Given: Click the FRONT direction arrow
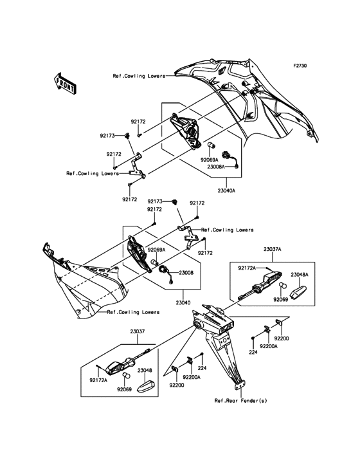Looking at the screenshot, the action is click(x=65, y=83).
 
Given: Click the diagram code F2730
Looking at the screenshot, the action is click(x=300, y=66).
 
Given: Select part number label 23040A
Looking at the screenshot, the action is click(x=225, y=190).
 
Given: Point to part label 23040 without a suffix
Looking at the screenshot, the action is click(x=183, y=303).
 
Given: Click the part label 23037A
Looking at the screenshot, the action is click(x=272, y=249).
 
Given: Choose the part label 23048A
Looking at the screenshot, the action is click(x=300, y=275).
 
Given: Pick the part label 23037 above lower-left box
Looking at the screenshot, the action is click(x=138, y=331).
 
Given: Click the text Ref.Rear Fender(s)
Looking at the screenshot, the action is click(x=240, y=400).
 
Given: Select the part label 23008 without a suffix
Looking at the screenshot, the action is click(x=186, y=273).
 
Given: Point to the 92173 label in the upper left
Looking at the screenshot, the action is click(x=107, y=136).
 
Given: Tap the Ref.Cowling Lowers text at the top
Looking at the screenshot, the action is click(x=139, y=76).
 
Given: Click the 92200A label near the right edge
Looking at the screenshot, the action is click(x=269, y=346).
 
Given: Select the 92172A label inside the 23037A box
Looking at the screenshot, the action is click(x=247, y=268).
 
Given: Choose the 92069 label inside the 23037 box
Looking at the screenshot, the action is click(x=124, y=389).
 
